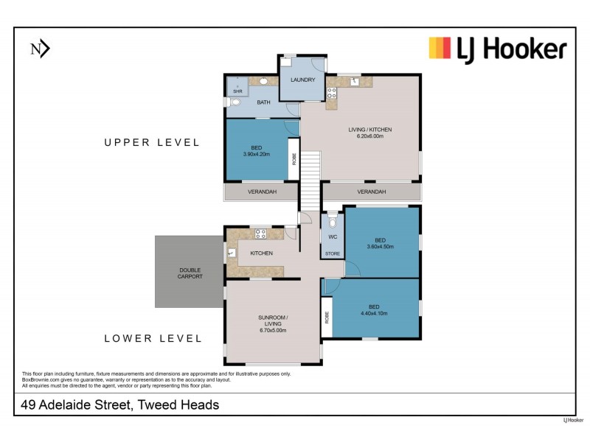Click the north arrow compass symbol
[39, 49]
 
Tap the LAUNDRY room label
[302, 80]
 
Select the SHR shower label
[237, 91]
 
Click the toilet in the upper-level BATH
[235, 103]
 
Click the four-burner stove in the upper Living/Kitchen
[332, 94]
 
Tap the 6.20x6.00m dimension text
[370, 137]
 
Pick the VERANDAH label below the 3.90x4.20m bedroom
[261, 192]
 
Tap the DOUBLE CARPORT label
[190, 273]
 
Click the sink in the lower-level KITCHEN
[232, 253]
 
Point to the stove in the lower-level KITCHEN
[260, 234]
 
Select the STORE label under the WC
[333, 254]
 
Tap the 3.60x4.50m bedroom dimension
[380, 247]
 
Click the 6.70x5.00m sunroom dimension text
[272, 330]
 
